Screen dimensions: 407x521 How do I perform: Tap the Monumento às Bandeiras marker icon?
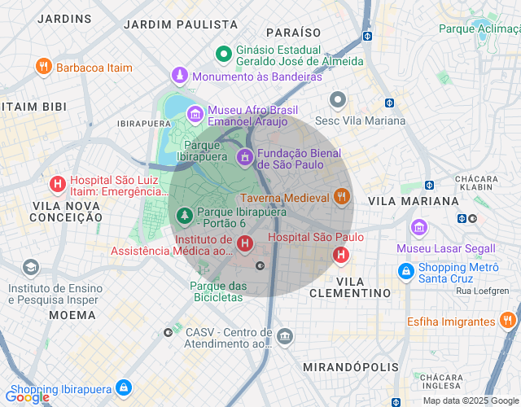click(x=179, y=77)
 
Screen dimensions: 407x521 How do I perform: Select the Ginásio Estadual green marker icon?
click(x=223, y=55)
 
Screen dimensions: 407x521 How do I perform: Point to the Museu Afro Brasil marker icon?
click(x=195, y=114)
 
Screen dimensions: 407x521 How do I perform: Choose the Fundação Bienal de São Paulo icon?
click(x=244, y=155)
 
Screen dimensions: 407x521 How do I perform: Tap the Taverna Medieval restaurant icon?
click(x=341, y=197)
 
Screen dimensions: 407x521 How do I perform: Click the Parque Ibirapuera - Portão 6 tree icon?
click(x=185, y=216)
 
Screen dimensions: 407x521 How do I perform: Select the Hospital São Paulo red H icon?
click(x=341, y=255)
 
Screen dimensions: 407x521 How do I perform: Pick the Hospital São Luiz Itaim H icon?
click(x=57, y=184)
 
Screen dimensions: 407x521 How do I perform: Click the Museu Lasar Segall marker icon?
click(x=419, y=227)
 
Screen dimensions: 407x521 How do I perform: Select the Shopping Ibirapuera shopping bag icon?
click(x=124, y=387)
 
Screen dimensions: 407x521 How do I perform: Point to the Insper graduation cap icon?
click(x=31, y=268)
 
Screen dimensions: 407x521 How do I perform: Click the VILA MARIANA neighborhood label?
click(x=414, y=200)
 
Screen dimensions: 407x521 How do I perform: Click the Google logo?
click(x=26, y=396)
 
